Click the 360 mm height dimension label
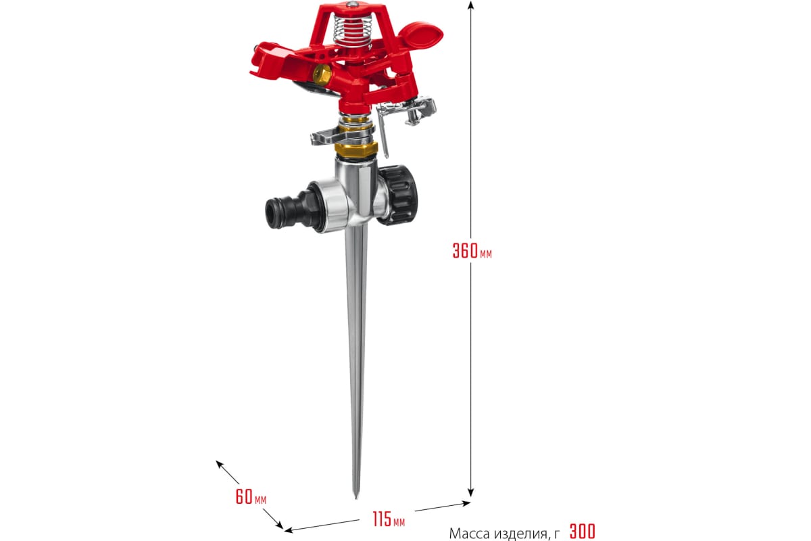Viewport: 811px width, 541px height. pyautogui.click(x=472, y=251)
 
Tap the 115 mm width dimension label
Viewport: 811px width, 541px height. pyautogui.click(x=389, y=519)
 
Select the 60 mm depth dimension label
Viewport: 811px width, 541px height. pyautogui.click(x=251, y=496)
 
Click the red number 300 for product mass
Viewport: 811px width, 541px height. pyautogui.click(x=582, y=532)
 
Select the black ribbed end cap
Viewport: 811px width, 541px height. pyautogui.click(x=397, y=195)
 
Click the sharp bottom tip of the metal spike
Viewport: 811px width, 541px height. pyautogui.click(x=356, y=498)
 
